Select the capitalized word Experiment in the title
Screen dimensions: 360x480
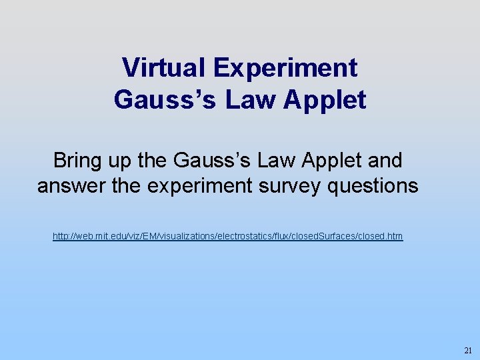coord(286,67)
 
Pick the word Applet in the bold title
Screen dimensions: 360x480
coord(325,99)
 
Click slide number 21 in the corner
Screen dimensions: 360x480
coord(467,350)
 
